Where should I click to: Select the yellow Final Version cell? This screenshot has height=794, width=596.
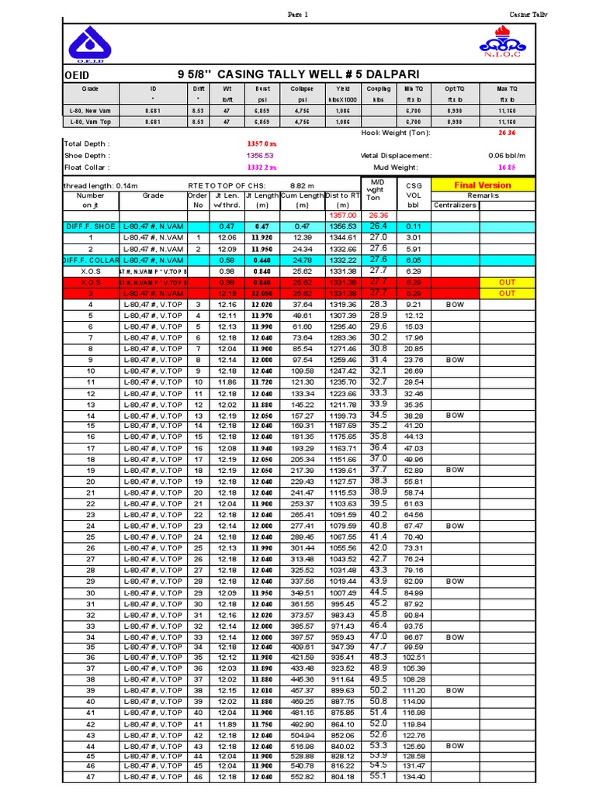[482, 185]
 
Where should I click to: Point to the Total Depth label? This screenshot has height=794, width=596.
[87, 144]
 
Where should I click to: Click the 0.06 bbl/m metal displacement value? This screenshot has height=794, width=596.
[508, 155]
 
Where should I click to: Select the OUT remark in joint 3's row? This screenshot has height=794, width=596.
[507, 294]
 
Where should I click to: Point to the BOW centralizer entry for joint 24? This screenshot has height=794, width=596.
[455, 526]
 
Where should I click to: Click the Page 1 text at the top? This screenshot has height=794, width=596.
[298, 14]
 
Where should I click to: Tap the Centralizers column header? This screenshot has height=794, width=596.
[456, 205]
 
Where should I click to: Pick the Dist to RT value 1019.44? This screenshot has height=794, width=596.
[342, 581]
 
